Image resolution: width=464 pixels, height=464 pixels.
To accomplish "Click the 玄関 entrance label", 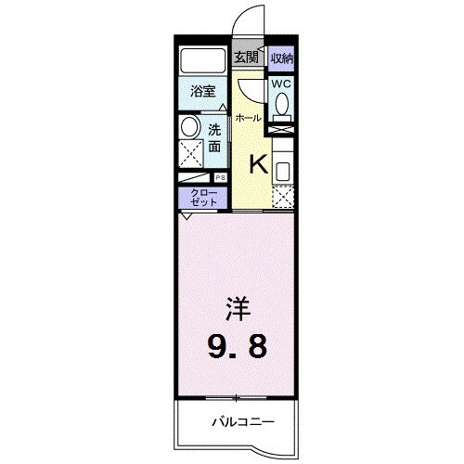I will tap(245, 58).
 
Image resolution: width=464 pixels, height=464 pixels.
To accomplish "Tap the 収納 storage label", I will tap(281, 58).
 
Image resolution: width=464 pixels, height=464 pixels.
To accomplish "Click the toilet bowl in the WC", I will tap(281, 108).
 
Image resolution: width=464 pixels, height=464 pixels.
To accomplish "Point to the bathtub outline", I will tap(203, 60).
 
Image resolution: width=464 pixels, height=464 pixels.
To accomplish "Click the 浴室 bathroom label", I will tap(202, 92).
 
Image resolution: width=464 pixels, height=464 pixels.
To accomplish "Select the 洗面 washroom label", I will tap(214, 137).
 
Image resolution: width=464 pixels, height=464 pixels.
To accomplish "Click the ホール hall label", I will tap(247, 118).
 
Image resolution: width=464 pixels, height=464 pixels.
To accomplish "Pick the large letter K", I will tap(259, 164).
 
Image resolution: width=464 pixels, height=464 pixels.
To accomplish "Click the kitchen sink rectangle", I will tap(282, 169).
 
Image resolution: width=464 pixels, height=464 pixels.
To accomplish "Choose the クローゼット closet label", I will tap(201, 198).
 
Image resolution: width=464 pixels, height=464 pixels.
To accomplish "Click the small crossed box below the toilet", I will tap(281, 128).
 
